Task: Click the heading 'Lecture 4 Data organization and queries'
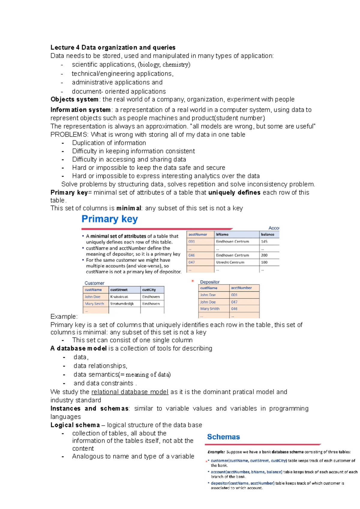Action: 113,47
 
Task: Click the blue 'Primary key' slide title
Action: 109,219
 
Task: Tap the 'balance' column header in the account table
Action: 267,234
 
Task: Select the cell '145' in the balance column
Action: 264,241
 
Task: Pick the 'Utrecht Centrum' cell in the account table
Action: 230,262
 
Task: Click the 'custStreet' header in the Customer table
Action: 119,290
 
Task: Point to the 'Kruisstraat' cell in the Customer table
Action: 119,297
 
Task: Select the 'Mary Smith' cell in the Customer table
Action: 94,304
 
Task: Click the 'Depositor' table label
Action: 210,282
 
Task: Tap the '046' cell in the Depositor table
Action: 234,309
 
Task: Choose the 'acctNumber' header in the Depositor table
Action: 241,288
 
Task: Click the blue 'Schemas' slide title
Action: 223,437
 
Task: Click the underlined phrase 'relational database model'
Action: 130,392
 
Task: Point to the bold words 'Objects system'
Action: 74,99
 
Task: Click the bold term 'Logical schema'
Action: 75,425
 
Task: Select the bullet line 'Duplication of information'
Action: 109,143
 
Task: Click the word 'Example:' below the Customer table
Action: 64,317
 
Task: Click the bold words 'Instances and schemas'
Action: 89,409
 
